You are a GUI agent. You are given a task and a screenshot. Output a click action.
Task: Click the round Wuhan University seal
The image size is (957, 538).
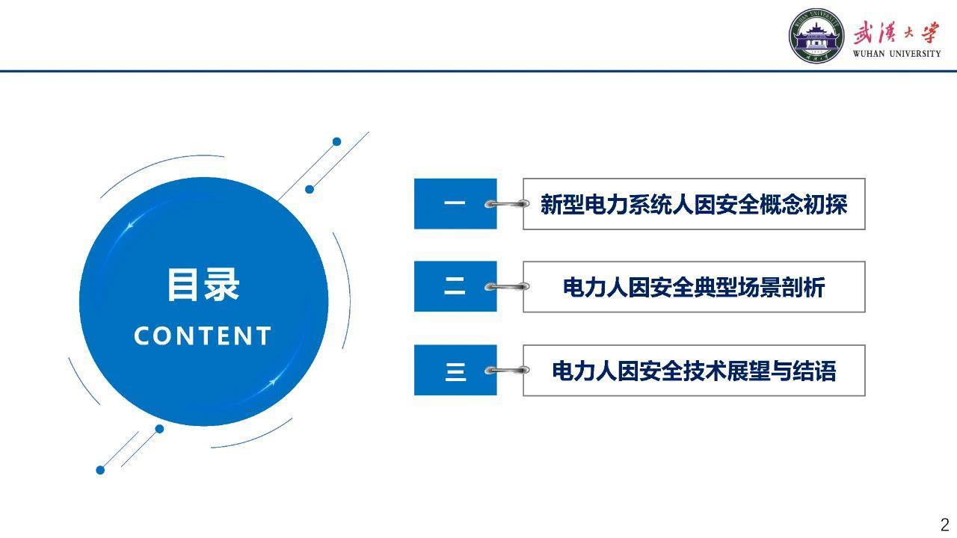(816, 36)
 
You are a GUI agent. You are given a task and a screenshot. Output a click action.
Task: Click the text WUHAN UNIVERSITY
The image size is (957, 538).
(896, 54)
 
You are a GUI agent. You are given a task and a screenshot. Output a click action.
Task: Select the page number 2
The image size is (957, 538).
(944, 525)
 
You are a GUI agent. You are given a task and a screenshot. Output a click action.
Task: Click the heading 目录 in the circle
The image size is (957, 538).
(203, 285)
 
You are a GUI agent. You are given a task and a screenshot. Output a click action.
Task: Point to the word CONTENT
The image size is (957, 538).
(203, 336)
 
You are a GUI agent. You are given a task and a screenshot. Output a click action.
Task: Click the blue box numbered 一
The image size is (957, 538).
(455, 204)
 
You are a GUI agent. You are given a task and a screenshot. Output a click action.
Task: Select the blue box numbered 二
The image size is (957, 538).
(455, 286)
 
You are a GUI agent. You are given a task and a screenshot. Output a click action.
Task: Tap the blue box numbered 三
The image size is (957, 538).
(455, 370)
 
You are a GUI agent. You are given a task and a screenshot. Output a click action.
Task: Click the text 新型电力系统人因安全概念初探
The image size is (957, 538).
(694, 205)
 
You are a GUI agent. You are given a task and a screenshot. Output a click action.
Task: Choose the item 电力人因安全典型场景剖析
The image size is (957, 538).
(694, 287)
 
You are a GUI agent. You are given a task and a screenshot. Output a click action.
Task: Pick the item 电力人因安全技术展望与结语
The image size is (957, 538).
(694, 371)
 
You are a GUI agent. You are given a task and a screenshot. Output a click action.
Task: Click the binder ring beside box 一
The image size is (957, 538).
(507, 204)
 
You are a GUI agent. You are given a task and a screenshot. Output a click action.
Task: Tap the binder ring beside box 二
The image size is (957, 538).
(507, 286)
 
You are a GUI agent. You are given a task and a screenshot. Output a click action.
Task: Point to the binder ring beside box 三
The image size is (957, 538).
(507, 370)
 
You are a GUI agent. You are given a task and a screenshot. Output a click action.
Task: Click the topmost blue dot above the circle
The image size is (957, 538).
(336, 142)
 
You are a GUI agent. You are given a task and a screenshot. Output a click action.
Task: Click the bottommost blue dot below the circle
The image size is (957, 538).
(100, 470)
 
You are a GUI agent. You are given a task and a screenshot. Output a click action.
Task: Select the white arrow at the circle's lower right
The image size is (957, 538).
(271, 383)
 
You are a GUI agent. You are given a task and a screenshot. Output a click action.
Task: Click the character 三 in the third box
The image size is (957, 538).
(455, 372)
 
